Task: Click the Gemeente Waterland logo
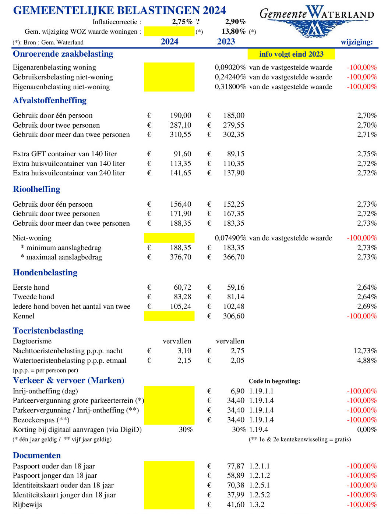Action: (317, 21)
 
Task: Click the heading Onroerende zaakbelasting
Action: (63, 54)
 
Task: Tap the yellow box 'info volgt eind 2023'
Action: (291, 54)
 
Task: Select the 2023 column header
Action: (226, 42)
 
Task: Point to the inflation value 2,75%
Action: (182, 22)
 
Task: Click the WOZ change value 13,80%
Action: (233, 32)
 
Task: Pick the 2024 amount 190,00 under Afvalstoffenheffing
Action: (180, 115)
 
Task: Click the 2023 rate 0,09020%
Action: (230, 67)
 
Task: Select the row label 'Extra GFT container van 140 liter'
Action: (65, 154)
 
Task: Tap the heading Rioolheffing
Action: (36, 189)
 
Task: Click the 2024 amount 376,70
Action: (180, 257)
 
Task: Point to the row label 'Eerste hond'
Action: (31, 287)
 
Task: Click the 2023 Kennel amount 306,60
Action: (233, 316)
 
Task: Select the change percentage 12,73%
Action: (365, 351)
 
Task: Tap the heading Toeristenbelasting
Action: (48, 331)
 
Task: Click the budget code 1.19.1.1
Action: (261, 391)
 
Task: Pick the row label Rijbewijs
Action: (27, 504)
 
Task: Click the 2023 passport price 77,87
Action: (236, 466)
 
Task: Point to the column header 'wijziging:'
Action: (356, 42)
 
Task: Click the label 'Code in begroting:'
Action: (274, 381)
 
